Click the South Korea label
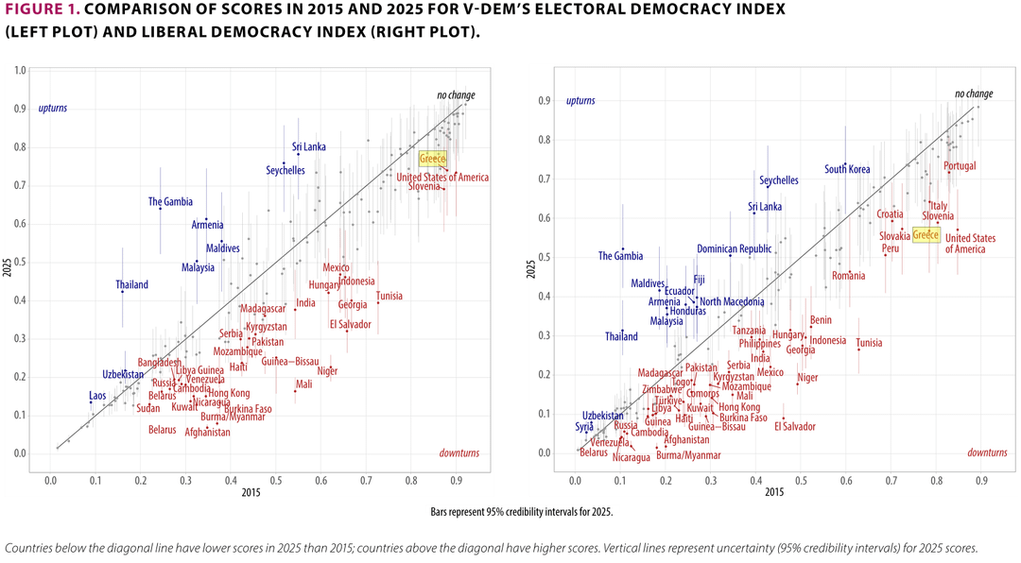pos(847,170)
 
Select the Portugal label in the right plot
pos(960,166)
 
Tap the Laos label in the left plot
pos(97,395)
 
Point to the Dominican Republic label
pos(734,249)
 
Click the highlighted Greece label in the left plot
pos(432,159)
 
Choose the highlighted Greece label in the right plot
pos(926,234)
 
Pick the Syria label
pos(584,427)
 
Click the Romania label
pos(849,276)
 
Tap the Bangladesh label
pos(160,363)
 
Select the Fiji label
pos(699,280)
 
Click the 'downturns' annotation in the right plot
pos(987,452)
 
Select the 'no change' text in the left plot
pos(456,95)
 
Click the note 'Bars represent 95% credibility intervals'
pos(521,512)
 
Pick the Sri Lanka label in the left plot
pos(309,147)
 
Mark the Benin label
pos(821,320)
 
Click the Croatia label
pos(890,214)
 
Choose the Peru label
pos(891,249)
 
